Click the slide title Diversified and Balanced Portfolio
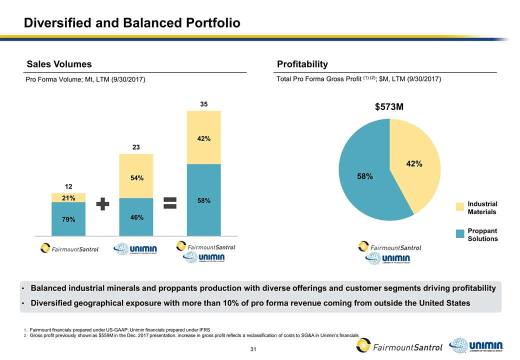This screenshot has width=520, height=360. pos(133,23)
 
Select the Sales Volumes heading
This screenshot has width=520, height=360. pos(59,64)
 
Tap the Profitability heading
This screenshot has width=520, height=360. pos(302,64)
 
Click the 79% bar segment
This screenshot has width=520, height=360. pos(68,219)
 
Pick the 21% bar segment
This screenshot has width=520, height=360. pos(68,198)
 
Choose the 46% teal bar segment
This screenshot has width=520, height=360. pos(136,217)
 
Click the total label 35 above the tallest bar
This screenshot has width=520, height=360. pos(203,104)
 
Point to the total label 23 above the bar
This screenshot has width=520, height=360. pos(136,147)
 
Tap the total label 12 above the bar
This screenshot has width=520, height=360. pos(68,186)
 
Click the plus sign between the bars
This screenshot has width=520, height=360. pos(102,204)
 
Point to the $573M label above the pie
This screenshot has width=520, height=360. pos(389,107)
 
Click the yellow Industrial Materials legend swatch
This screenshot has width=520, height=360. pos(461,207)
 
